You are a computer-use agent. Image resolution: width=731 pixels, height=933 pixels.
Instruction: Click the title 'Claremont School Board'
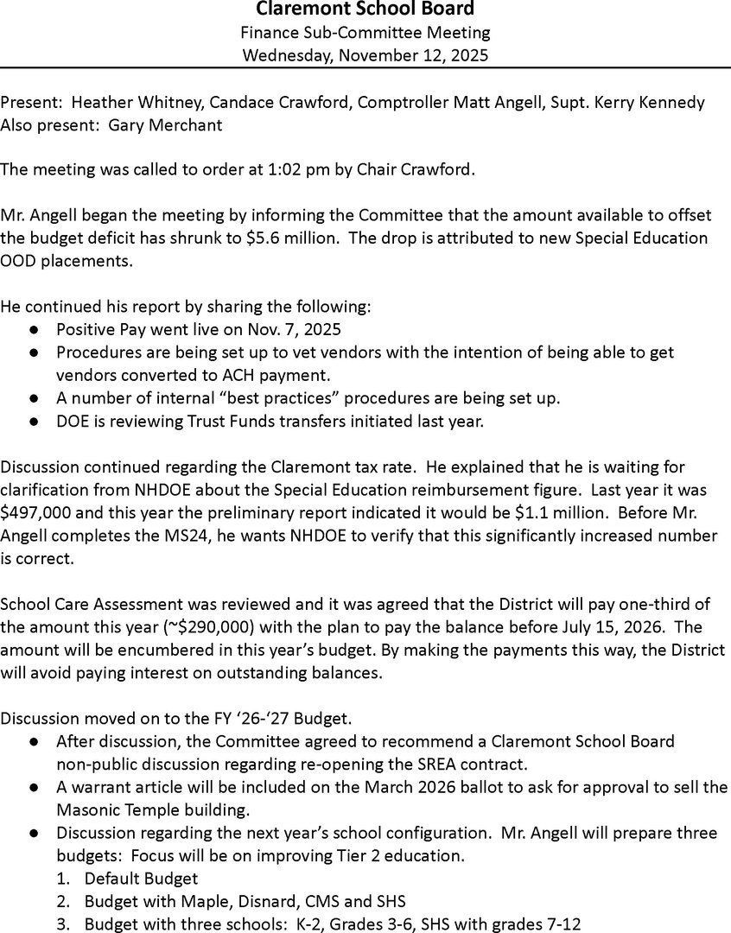(x=365, y=10)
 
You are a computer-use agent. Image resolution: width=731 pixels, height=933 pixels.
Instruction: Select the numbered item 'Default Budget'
(x=141, y=879)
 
